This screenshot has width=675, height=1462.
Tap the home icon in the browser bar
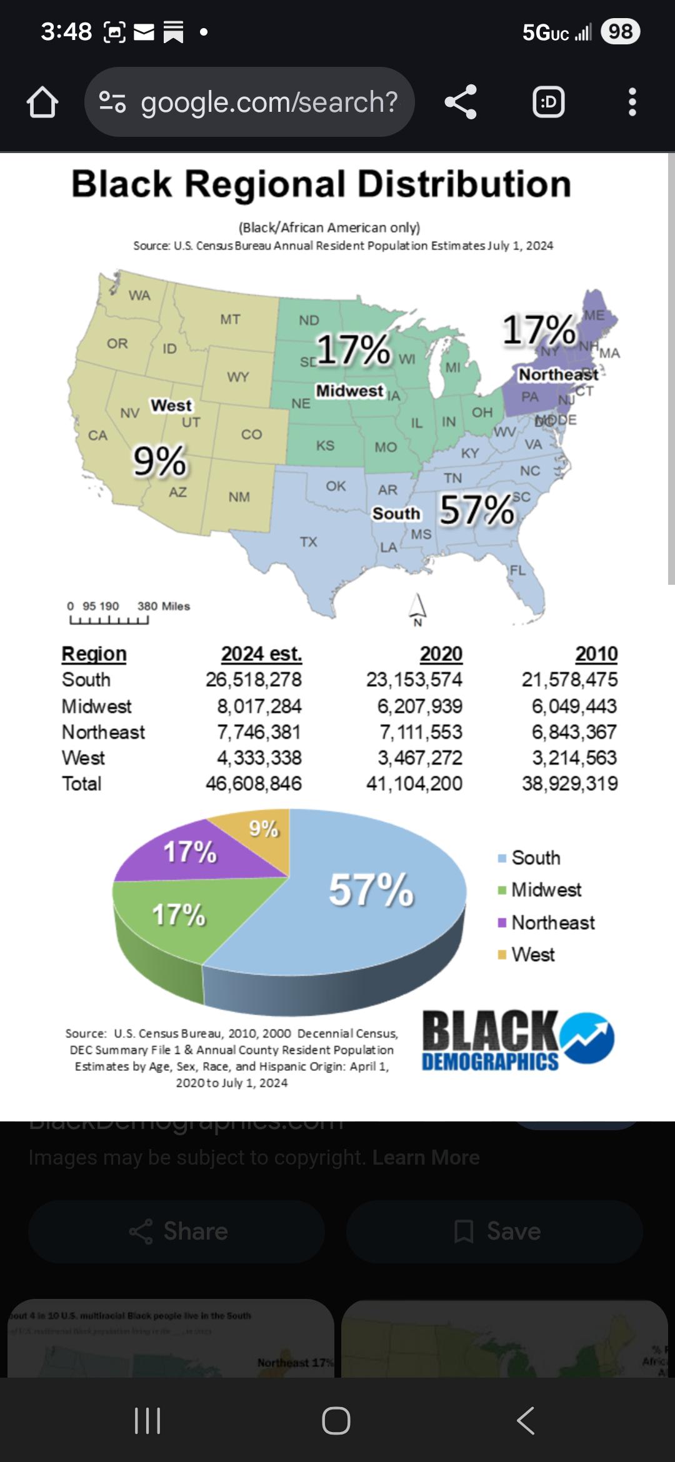click(42, 102)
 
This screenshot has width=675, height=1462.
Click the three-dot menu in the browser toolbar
click(632, 102)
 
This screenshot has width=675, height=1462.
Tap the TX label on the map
click(308, 542)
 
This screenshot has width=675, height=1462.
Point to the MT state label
click(230, 319)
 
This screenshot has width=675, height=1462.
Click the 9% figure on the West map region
click(159, 462)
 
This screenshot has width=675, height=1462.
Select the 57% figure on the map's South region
click(477, 510)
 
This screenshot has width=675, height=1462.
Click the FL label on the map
click(517, 570)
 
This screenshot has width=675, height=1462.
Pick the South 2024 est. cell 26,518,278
click(254, 680)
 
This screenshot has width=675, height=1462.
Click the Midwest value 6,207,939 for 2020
click(419, 706)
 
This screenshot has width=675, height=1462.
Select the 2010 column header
click(596, 654)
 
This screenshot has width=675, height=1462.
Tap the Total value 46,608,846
click(254, 783)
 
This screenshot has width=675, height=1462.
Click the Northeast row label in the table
click(103, 732)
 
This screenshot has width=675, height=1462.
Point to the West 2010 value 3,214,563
click(574, 758)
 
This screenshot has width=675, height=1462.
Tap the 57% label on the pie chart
click(371, 890)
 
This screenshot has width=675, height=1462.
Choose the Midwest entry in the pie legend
click(546, 890)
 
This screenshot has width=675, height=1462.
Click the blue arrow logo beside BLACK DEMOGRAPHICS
click(587, 1038)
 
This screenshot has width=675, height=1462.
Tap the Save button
click(494, 1231)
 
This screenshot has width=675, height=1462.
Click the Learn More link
click(426, 1157)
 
